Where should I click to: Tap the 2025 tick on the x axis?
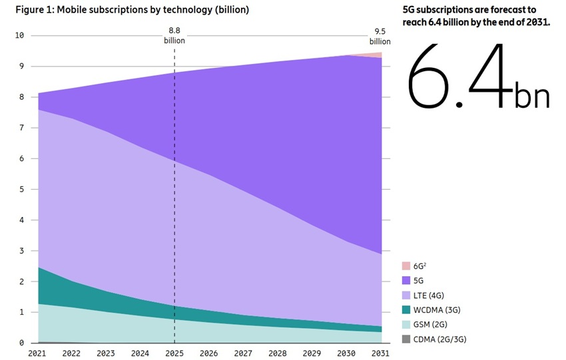(x=174, y=353)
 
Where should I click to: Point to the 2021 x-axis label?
(x=39, y=353)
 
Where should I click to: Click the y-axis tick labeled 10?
(x=19, y=35)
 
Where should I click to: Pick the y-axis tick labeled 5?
(x=22, y=189)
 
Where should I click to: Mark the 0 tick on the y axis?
(x=22, y=343)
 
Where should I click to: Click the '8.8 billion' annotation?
(x=174, y=35)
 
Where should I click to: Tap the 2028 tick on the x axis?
(x=278, y=353)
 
